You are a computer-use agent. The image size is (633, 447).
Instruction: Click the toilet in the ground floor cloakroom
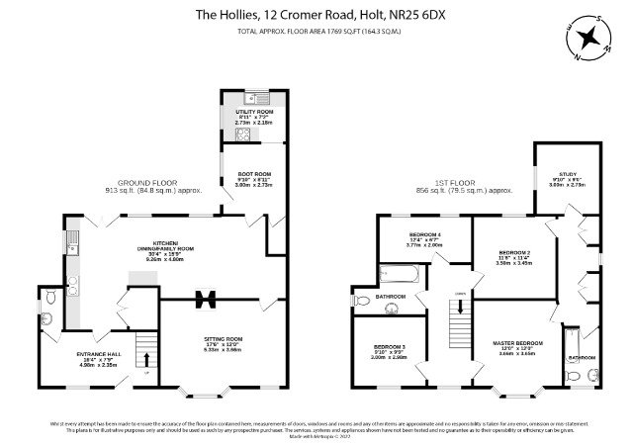(x=50, y=319)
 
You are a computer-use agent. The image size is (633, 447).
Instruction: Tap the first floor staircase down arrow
(x=457, y=316)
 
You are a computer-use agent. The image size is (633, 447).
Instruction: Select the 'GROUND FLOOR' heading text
(x=147, y=183)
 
